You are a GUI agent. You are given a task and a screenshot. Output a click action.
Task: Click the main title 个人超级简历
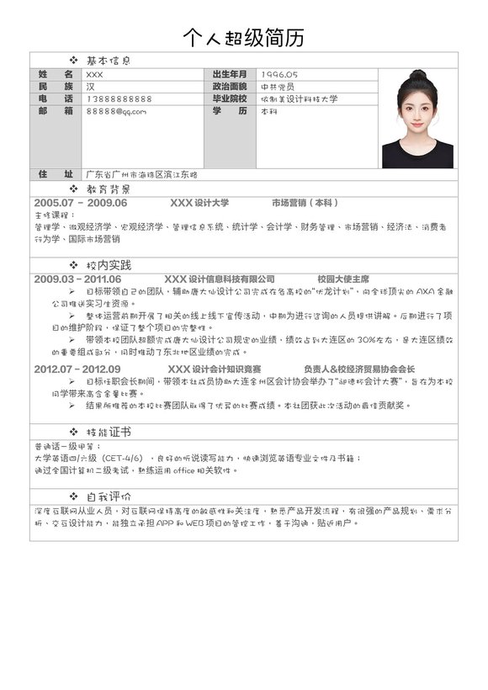coord(244,38)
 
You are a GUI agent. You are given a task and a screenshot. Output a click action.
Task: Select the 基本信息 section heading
coord(109,61)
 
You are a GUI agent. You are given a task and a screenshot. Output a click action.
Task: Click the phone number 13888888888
coord(119,99)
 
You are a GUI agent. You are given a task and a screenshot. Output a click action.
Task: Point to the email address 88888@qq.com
coord(116,111)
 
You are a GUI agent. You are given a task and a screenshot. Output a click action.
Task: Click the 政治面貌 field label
coord(230,87)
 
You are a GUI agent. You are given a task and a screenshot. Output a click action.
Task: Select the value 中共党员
coord(278,87)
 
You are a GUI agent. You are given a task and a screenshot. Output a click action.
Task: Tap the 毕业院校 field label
coord(230,99)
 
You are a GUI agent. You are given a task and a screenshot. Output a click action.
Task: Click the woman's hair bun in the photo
coord(418,76)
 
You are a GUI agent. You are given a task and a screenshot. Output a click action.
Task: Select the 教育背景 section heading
coord(109,189)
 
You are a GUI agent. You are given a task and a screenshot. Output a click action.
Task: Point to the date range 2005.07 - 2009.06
coord(81,203)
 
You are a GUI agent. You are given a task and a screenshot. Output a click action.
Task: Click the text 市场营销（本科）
coord(305,203)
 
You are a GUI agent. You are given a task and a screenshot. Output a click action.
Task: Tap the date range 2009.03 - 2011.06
coord(77,279)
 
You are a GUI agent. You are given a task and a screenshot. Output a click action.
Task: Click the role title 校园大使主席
coord(343,279)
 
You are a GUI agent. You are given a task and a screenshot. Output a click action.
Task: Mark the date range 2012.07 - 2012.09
coord(77,369)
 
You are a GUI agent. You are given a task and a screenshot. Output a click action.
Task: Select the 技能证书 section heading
coord(109,432)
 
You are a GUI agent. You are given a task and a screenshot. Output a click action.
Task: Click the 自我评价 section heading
coord(109,496)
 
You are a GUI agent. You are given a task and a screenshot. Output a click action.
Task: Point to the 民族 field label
coord(56,87)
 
